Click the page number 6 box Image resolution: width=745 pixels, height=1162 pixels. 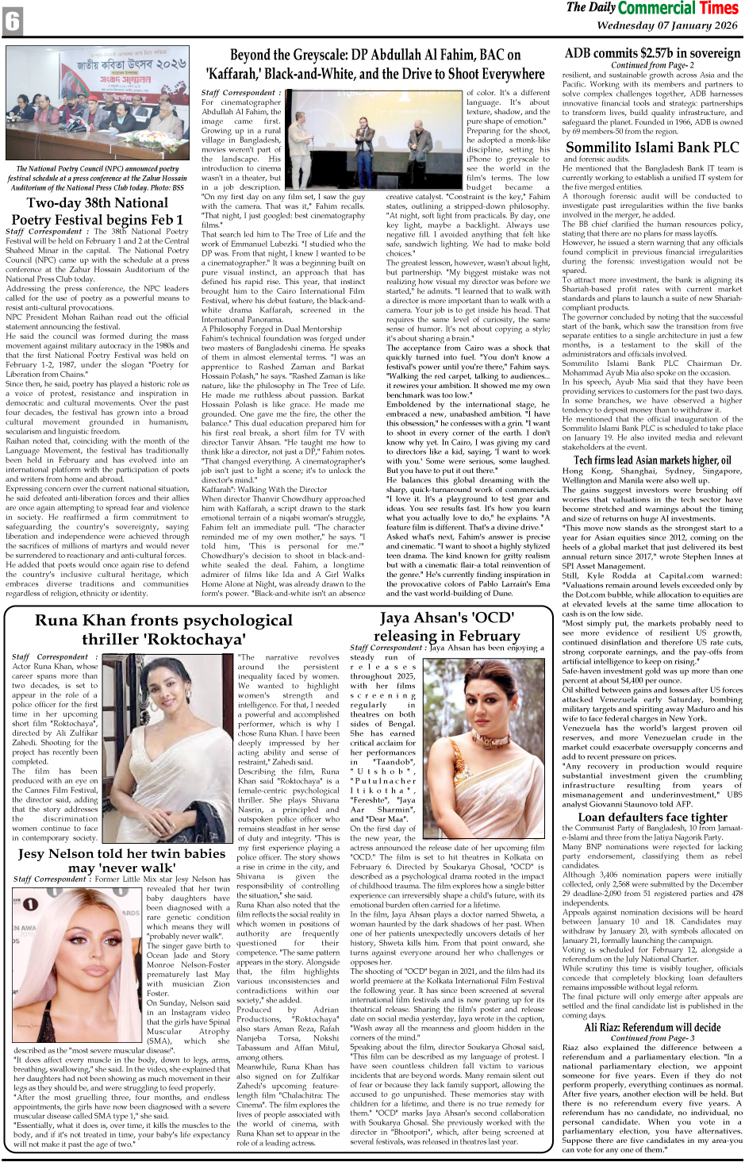(13, 21)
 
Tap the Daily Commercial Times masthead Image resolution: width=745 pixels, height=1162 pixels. (651, 9)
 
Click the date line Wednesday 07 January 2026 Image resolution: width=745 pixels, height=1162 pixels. (666, 25)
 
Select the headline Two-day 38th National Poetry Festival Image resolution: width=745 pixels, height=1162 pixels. (98, 211)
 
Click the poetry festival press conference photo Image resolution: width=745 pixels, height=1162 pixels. (98, 104)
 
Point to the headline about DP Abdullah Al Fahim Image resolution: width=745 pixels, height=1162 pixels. (374, 64)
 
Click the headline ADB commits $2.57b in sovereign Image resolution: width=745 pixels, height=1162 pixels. (652, 54)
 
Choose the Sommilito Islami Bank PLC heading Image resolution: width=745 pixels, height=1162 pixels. (652, 147)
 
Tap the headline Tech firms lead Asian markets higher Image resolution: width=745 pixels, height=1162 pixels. (652, 460)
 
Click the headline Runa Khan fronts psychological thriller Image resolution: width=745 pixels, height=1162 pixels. (163, 629)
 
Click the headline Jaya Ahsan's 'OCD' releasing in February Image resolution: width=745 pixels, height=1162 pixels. (447, 626)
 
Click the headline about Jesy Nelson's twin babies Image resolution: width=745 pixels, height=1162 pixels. (121, 860)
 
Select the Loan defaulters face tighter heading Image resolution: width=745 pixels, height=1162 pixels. (652, 817)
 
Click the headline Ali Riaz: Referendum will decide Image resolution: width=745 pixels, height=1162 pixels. (652, 1027)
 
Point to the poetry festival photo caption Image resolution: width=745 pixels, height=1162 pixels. (98, 179)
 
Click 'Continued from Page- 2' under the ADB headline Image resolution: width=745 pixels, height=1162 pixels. (652, 65)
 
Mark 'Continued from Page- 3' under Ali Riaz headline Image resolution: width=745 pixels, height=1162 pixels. (652, 1037)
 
